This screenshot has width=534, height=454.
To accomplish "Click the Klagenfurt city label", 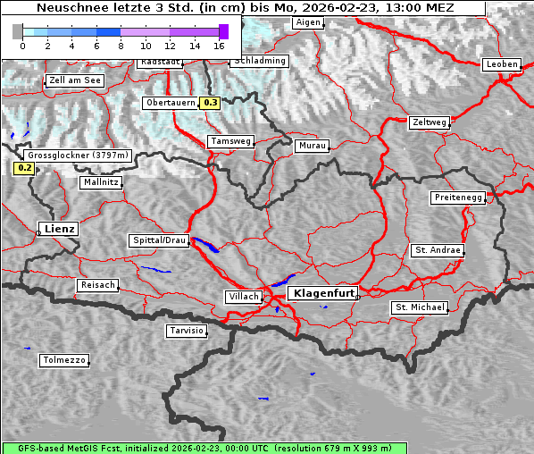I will click(324, 292).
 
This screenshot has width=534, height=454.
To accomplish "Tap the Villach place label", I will click(244, 297).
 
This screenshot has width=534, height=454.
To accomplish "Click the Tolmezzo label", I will click(64, 361).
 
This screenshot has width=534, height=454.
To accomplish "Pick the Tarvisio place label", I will click(187, 331).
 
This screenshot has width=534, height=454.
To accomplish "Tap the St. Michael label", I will click(420, 307).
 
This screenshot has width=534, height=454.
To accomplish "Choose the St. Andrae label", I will click(438, 250).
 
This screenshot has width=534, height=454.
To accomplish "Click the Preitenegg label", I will click(458, 198).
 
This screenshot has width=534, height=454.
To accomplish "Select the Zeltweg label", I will click(429, 122).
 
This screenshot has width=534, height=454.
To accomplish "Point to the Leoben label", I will click(501, 64).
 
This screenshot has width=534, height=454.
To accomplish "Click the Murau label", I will click(313, 146).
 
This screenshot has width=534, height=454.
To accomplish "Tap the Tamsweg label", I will click(231, 141).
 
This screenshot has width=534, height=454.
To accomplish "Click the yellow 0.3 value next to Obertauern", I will click(210, 103).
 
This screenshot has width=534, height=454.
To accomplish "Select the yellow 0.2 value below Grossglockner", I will click(24, 168).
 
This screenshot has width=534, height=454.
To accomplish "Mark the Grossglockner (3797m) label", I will click(79, 156).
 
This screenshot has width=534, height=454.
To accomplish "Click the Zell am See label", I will click(75, 80).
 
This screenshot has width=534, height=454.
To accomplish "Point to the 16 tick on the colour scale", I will click(220, 45).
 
